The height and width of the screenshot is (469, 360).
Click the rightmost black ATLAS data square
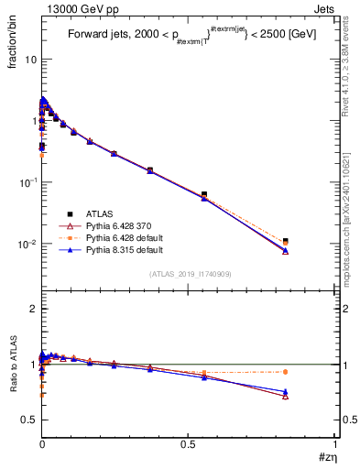pos(285,241)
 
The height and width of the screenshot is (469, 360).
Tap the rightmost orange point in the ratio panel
pos(285,372)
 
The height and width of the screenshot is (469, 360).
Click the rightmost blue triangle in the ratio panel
pos(285,391)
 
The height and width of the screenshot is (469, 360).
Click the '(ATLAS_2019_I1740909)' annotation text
pos(189,274)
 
